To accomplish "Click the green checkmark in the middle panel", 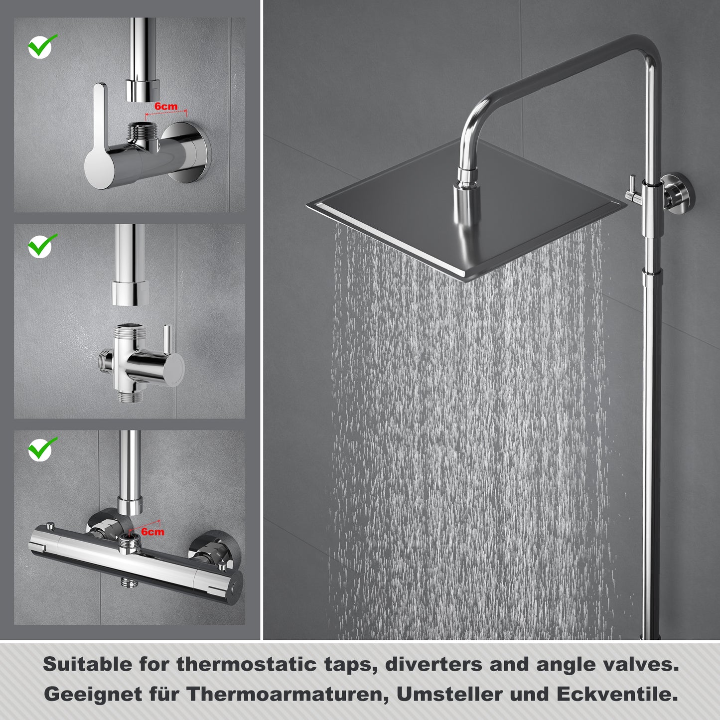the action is click(42, 246).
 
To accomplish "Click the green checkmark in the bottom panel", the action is click(42, 449).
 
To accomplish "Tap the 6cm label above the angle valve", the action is click(166, 107).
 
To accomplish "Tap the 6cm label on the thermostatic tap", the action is click(152, 532).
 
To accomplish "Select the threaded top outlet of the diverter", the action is click(129, 330).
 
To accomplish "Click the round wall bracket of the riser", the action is click(676, 193).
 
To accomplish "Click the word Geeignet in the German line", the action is click(93, 695).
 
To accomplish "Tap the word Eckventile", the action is click(617, 694).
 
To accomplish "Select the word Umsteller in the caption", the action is click(449, 694).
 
